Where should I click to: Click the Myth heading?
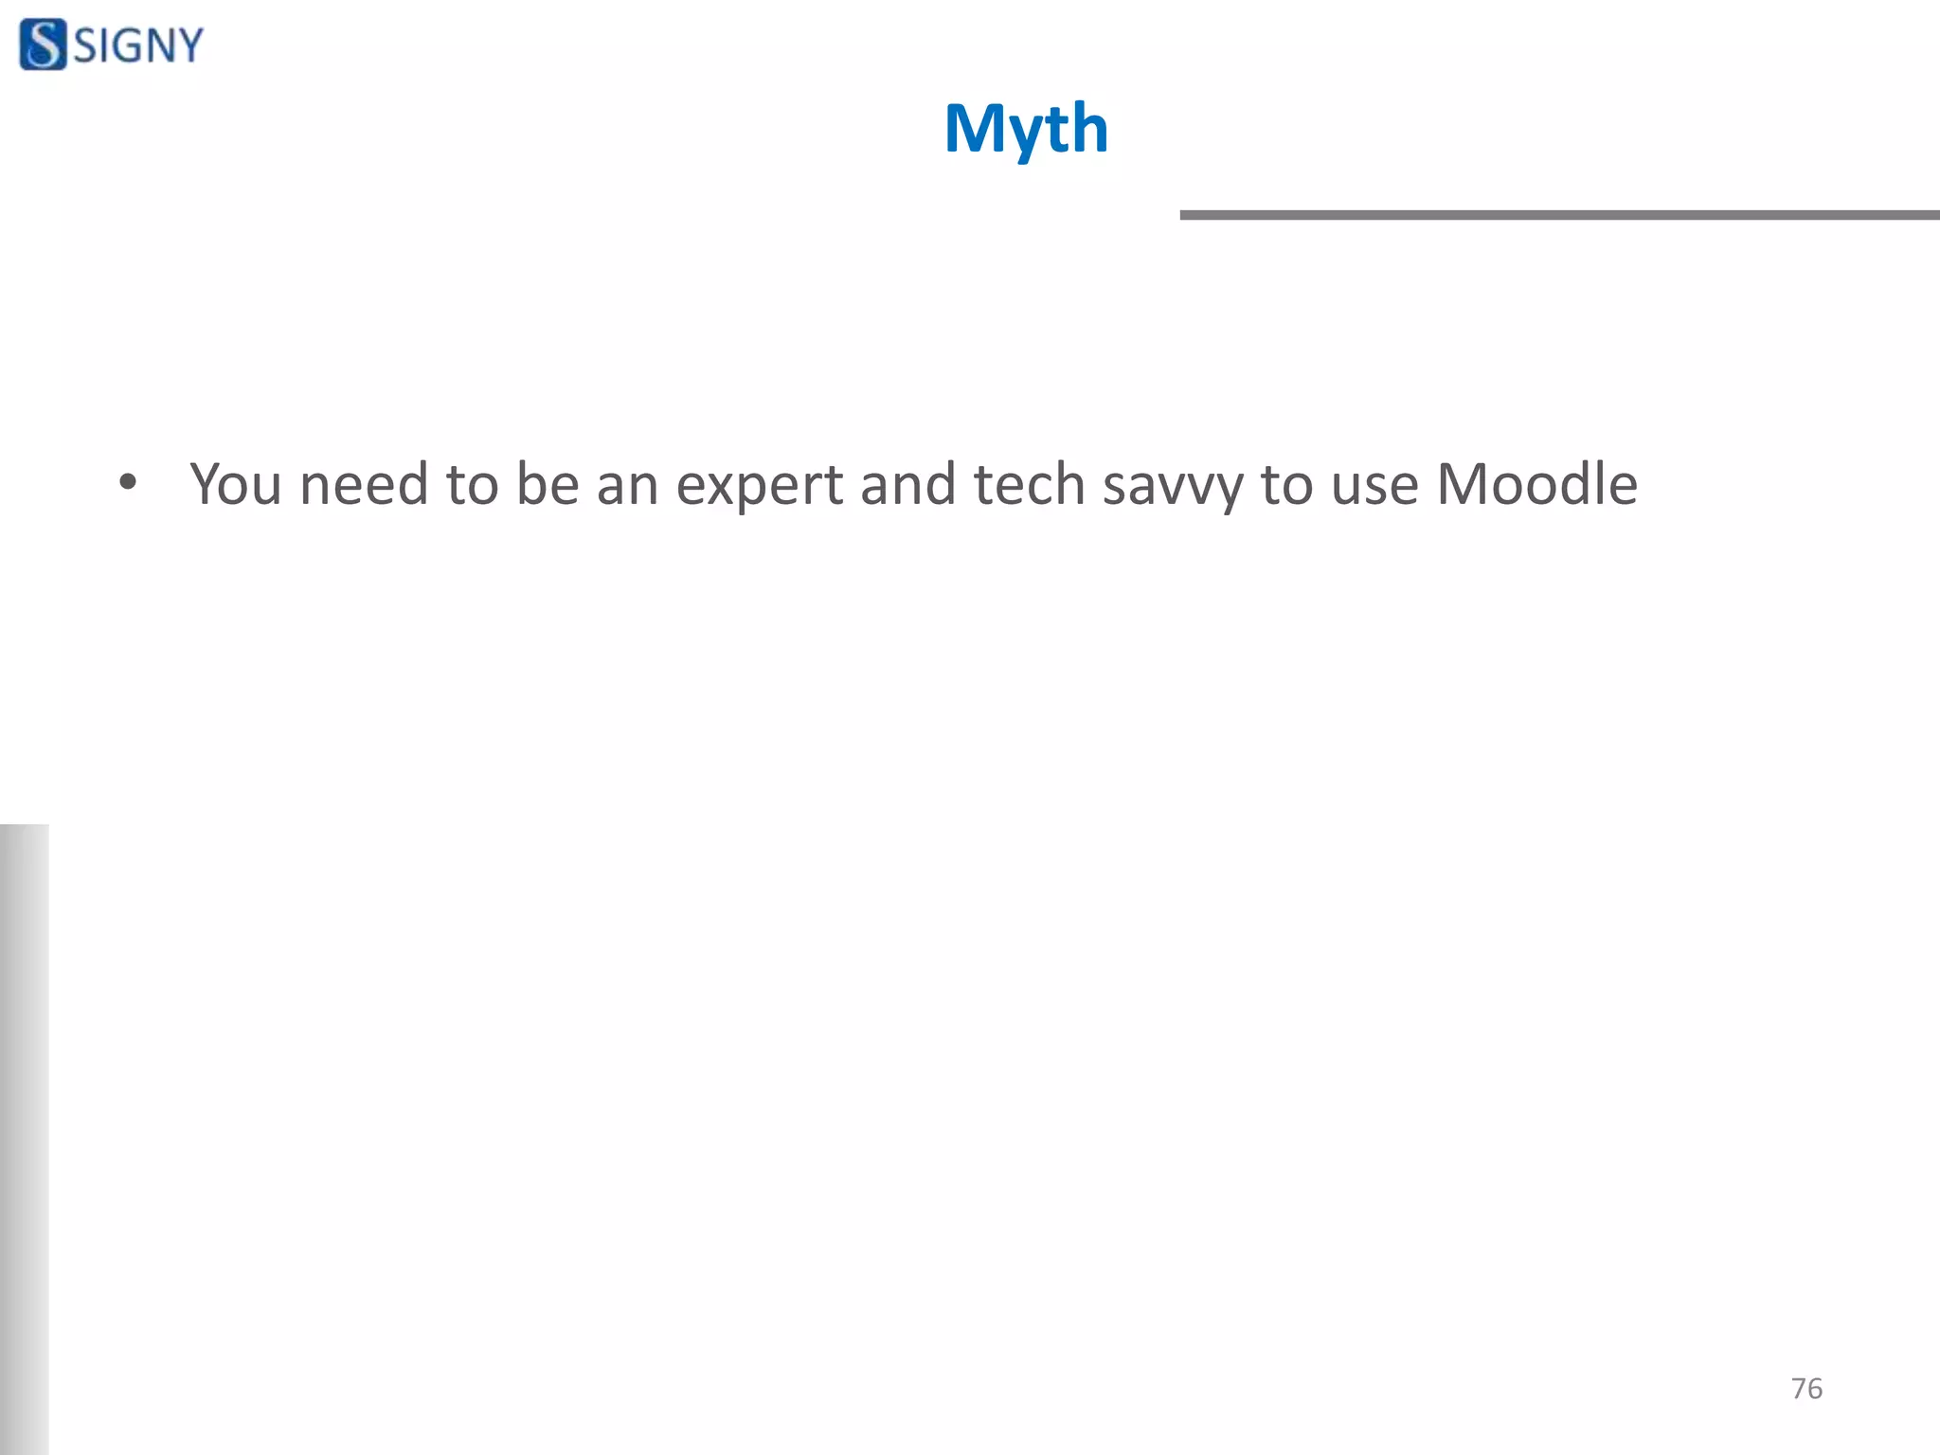[x=1026, y=129]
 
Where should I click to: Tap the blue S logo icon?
[x=43, y=45]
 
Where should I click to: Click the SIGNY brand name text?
[x=138, y=45]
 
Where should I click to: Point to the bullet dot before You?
[x=128, y=483]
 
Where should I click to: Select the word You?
[x=236, y=484]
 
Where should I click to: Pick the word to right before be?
[x=472, y=484]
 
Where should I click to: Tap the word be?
[x=548, y=484]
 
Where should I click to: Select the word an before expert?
[x=627, y=484]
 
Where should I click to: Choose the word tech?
[x=1029, y=484]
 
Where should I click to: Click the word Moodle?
[x=1536, y=484]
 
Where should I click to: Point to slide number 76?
[x=1806, y=1388]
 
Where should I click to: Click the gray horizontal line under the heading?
[x=1559, y=215]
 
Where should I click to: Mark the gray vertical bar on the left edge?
[x=24, y=1137]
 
